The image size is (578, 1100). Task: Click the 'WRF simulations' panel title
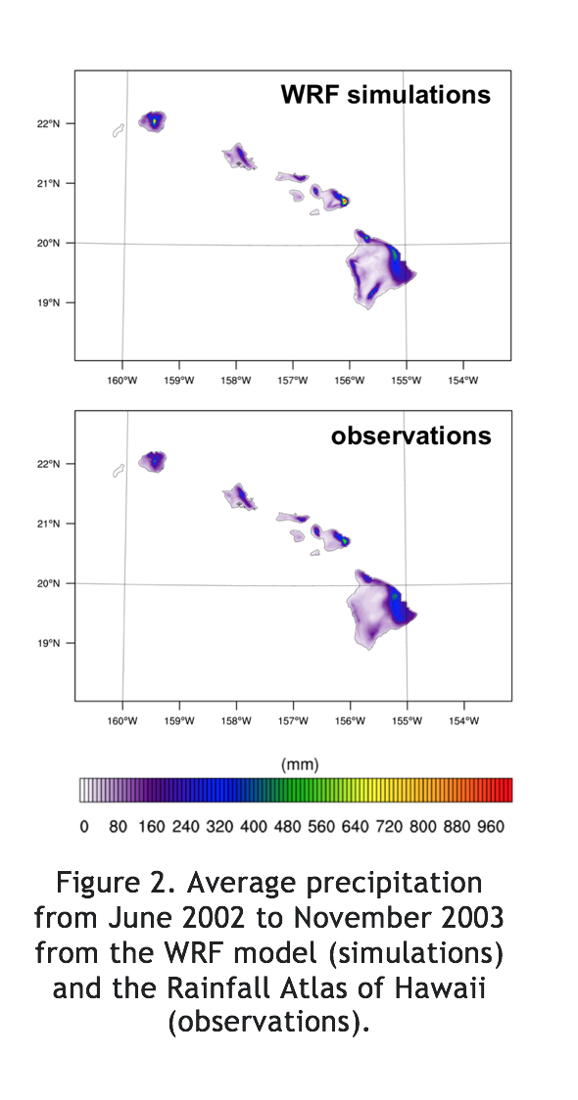[x=386, y=95]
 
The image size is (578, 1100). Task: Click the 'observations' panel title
[x=410, y=435]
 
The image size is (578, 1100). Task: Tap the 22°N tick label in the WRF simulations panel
[x=49, y=123]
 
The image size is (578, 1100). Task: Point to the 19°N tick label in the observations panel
[x=49, y=643]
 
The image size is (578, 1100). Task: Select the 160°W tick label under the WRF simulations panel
[x=122, y=381]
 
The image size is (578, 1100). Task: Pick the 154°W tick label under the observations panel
[x=463, y=721]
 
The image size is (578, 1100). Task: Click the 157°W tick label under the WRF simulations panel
[x=293, y=381]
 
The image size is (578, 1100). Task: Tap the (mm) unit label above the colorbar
[x=300, y=764]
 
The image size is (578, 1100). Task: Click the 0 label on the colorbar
[x=84, y=827]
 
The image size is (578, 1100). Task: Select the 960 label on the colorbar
[x=490, y=827]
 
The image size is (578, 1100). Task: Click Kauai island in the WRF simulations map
[x=153, y=122]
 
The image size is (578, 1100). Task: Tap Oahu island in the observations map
[x=239, y=497]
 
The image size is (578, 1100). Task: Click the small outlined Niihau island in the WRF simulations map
[x=118, y=130]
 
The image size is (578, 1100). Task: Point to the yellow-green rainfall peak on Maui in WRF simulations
[x=345, y=202]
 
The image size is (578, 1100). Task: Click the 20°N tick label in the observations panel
[x=49, y=583]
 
